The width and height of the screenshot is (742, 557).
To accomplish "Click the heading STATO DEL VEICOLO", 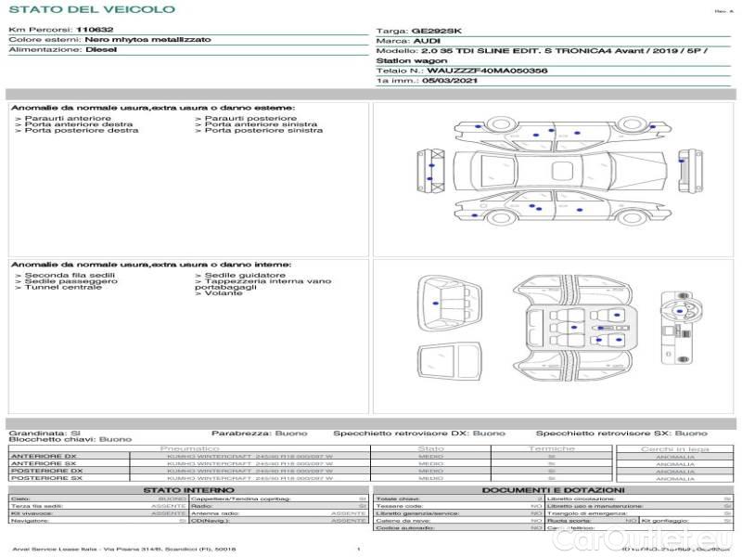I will [x=91, y=9].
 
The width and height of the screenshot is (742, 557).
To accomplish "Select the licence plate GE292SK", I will [x=435, y=31].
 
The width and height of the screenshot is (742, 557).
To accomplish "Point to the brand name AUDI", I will [x=427, y=42].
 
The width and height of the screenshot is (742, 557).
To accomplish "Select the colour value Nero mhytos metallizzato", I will [x=147, y=40].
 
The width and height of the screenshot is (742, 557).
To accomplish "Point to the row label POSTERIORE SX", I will [x=46, y=478].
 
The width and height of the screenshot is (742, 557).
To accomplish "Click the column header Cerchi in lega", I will [x=674, y=448].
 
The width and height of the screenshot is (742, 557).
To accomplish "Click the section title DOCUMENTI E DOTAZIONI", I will [x=553, y=489].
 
